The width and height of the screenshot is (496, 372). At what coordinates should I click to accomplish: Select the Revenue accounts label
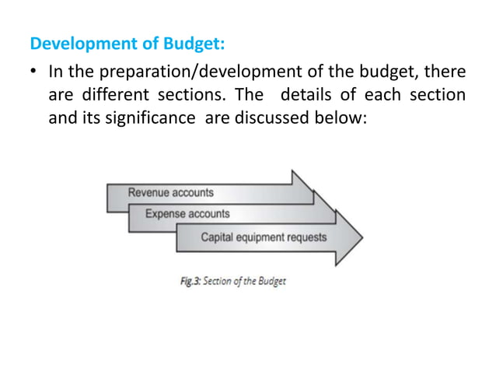coord(170,192)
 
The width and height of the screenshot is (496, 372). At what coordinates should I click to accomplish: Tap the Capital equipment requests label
coord(264,237)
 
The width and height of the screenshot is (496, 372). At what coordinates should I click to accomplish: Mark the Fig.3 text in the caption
coord(190,281)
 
